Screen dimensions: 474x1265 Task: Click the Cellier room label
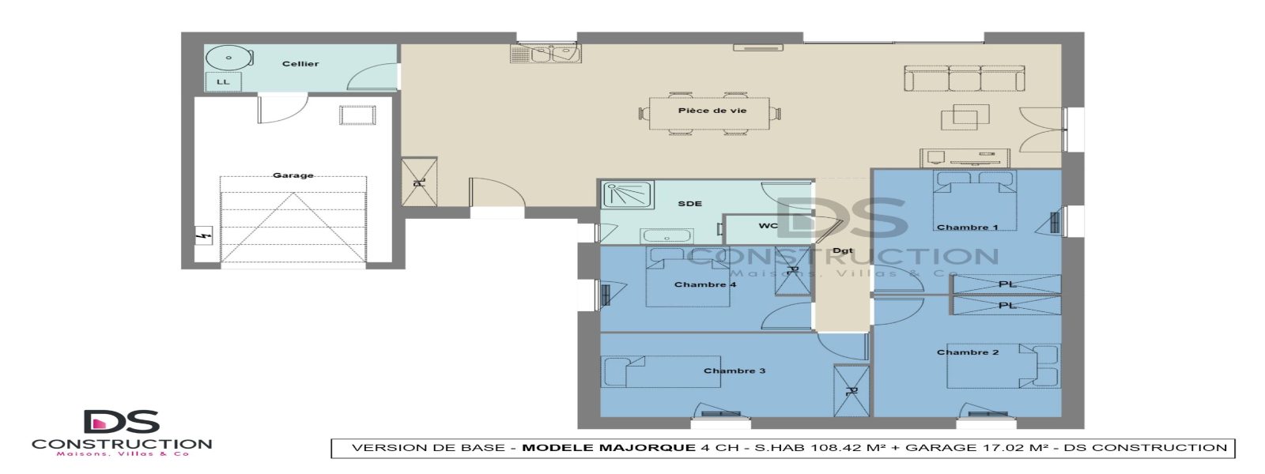300,64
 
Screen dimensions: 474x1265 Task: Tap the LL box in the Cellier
223,82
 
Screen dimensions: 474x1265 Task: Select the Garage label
293,175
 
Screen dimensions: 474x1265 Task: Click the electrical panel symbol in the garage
203,235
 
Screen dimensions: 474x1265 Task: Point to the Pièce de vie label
712,111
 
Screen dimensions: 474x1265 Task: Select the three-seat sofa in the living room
965,78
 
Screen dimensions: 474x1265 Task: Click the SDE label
689,204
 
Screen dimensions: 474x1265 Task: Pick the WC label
768,226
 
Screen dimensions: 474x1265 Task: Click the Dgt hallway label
844,251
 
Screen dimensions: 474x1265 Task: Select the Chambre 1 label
967,228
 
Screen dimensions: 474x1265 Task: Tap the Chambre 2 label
968,352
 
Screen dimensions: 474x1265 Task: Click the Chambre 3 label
734,371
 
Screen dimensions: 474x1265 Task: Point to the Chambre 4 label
705,284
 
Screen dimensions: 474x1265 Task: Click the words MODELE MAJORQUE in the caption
609,448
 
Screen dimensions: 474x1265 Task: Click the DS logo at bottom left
122,423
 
